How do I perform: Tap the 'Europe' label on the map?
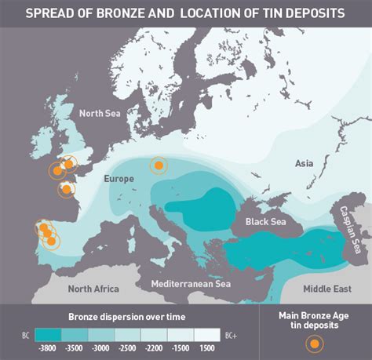pyautogui.click(x=119, y=179)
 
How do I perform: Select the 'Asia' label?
pyautogui.click(x=305, y=163)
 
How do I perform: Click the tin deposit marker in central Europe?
pyautogui.click(x=159, y=165)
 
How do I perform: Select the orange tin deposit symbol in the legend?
pyautogui.click(x=315, y=343)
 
